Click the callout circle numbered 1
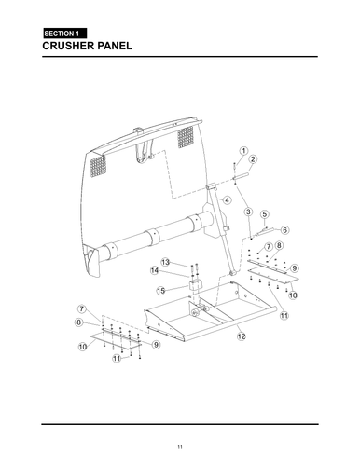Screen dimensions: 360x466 point(242,150)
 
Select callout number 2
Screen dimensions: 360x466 point(253,159)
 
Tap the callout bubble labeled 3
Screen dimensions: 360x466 point(248,212)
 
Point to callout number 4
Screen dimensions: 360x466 point(227,200)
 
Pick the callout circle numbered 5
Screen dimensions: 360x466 point(264,215)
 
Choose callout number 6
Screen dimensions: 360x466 point(284,229)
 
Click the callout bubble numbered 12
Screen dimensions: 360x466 point(242,335)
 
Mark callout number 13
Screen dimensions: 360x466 point(164,262)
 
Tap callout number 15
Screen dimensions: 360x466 point(160,290)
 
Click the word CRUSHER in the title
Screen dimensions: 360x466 point(74,46)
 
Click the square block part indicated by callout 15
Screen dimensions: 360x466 point(198,284)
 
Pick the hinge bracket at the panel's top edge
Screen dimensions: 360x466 point(142,149)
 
